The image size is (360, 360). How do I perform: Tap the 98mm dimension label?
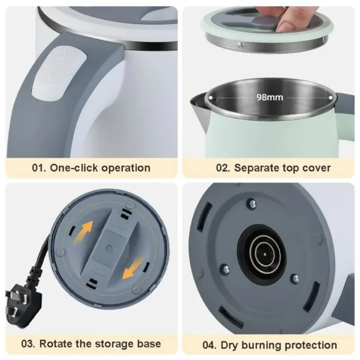270,97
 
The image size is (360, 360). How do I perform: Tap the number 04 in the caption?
209,345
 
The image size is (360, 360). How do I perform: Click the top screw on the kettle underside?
252,204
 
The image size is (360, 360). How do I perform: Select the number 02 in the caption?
223,168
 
